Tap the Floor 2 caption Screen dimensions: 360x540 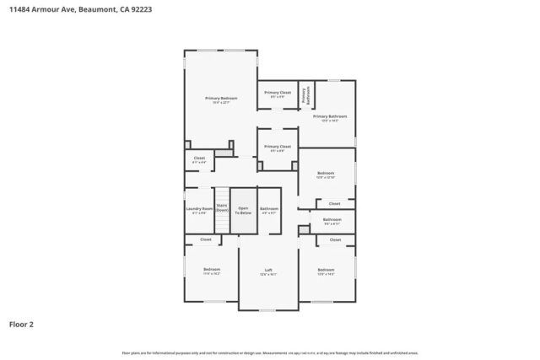coord(22,324)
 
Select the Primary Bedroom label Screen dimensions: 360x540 coord(221,99)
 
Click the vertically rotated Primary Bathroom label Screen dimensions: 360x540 coord(306,95)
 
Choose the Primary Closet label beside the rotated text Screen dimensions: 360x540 coord(278,93)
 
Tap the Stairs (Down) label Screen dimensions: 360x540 coord(222,207)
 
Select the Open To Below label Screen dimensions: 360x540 coord(244,210)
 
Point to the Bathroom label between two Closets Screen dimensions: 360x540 coord(332,221)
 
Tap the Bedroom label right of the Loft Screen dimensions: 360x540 coord(326,270)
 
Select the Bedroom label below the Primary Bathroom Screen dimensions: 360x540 coord(326,174)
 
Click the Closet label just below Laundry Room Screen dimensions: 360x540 coord(206,239)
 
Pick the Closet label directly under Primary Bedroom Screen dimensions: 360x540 coord(199,159)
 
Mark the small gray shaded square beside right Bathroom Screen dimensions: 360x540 coord(304,229)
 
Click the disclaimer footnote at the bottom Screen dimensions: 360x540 coord(270,352)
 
